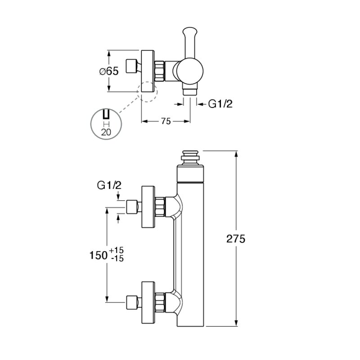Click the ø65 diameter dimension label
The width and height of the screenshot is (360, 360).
109,71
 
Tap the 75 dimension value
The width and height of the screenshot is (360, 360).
166,121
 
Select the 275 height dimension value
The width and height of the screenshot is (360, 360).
236,239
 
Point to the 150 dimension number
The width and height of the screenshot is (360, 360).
99,255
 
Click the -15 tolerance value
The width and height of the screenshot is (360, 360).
117,258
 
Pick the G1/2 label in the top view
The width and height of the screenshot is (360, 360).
220,104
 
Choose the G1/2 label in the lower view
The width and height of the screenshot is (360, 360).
109,185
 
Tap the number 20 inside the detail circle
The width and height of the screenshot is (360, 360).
106,132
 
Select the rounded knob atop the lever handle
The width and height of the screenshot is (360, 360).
189,32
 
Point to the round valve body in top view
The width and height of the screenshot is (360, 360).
189,71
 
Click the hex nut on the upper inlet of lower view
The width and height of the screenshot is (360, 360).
160,207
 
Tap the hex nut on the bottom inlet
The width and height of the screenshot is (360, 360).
160,302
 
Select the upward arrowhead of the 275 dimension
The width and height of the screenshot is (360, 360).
235,153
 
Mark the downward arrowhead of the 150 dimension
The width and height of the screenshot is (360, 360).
107,299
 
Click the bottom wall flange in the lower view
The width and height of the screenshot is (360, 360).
148,302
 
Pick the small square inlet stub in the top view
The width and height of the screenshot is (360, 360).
131,66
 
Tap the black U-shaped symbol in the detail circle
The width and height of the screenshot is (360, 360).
106,114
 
